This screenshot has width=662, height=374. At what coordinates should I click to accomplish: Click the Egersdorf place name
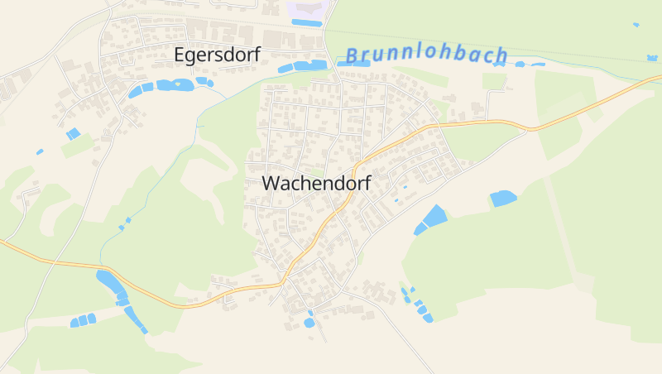218,55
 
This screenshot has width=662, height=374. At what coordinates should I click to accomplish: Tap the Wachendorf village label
316,184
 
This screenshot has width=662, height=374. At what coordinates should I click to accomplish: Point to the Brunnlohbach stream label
427,56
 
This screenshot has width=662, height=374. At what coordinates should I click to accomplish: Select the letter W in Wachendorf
271,184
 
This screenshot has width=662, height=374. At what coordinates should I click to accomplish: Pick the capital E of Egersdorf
180,55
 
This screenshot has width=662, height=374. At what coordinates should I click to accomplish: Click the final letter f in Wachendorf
367,183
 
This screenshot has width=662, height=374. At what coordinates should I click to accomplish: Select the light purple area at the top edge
308,11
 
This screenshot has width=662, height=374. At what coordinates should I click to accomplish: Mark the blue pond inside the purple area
306,23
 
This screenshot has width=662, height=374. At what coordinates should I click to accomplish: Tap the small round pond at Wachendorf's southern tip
309,323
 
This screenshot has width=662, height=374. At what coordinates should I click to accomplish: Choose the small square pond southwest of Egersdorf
74,133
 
